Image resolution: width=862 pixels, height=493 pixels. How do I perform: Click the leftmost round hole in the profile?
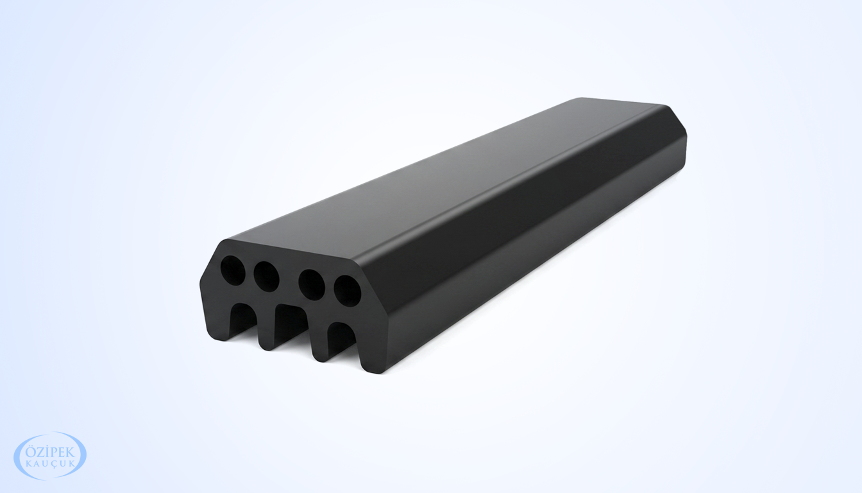(233, 270)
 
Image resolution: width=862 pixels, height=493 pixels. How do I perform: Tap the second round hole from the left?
(266, 276)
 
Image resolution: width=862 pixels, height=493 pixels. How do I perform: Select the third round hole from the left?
(312, 285)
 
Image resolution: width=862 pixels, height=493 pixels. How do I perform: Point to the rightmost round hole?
(347, 291)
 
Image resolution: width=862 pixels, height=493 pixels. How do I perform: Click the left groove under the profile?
(243, 319)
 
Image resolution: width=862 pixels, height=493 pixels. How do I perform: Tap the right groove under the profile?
(341, 337)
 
